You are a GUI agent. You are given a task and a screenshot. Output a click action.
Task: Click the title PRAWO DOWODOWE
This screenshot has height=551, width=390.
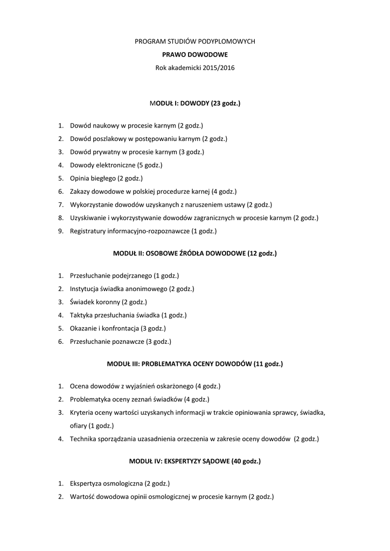[195, 54]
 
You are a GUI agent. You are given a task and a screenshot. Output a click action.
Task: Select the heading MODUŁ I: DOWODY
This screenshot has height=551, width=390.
[195, 103]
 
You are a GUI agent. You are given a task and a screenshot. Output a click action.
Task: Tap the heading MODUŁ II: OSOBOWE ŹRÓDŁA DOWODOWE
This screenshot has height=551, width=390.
[195, 253]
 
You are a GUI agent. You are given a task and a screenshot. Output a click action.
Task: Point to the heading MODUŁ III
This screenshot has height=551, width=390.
[195, 364]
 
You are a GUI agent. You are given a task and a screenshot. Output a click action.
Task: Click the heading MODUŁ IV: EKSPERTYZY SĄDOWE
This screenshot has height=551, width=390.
[195, 461]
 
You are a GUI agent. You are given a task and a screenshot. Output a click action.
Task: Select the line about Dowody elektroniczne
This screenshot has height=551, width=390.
[116, 165]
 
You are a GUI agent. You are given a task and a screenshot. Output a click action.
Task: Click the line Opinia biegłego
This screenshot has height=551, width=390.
[106, 178]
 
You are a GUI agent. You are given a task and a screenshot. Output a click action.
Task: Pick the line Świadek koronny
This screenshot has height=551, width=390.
[108, 302]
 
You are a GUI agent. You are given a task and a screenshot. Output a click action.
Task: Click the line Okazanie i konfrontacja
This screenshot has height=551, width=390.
[117, 328]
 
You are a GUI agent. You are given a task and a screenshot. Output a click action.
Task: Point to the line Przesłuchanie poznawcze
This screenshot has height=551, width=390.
[120, 342]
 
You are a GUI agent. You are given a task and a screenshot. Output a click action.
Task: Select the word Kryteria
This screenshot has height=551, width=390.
[82, 412]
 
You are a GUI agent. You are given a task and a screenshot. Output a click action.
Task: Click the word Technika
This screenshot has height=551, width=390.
[83, 439]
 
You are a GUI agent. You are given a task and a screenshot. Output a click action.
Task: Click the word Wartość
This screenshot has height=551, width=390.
[82, 497]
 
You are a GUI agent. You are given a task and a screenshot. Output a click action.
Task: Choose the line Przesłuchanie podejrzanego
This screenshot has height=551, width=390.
[124, 275]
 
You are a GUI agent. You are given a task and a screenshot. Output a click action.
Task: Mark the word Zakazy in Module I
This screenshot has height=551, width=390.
[80, 192]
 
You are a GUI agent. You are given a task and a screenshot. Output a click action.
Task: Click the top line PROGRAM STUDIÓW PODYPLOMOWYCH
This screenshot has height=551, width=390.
[195, 41]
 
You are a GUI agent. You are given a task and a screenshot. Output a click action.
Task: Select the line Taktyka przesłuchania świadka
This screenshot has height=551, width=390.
[128, 315]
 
